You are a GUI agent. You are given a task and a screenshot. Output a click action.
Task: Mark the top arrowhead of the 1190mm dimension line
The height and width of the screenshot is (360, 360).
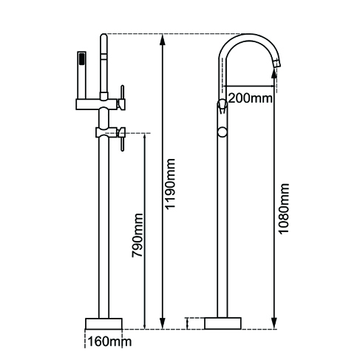pos(163,37)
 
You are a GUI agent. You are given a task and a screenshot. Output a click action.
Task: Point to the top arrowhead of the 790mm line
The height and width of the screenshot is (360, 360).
pos(145,137)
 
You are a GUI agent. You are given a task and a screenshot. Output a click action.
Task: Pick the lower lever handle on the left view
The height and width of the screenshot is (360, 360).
pos(123,135)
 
